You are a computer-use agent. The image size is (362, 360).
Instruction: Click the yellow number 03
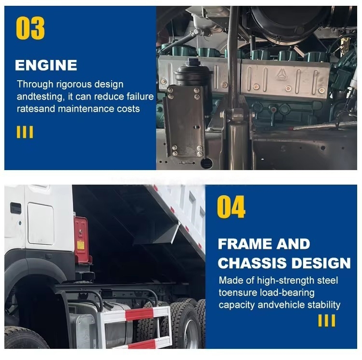click(30, 28)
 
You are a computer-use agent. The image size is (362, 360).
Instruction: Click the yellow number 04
click(231, 207)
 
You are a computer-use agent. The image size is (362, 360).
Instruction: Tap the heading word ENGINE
click(46, 65)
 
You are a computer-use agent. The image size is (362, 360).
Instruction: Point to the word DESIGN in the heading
click(321, 263)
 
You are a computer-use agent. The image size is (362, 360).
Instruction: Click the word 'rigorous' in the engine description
click(74, 85)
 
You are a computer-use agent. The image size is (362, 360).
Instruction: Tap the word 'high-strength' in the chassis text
click(285, 281)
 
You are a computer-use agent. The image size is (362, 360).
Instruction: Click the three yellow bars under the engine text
click(25, 132)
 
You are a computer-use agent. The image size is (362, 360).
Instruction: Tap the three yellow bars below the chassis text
click(327, 320)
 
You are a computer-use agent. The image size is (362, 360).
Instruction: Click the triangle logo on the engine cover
click(281, 74)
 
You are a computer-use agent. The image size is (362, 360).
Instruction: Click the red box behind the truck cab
click(82, 240)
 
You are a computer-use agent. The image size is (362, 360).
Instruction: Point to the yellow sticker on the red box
click(81, 245)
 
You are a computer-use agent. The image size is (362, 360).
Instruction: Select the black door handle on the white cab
click(15, 208)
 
